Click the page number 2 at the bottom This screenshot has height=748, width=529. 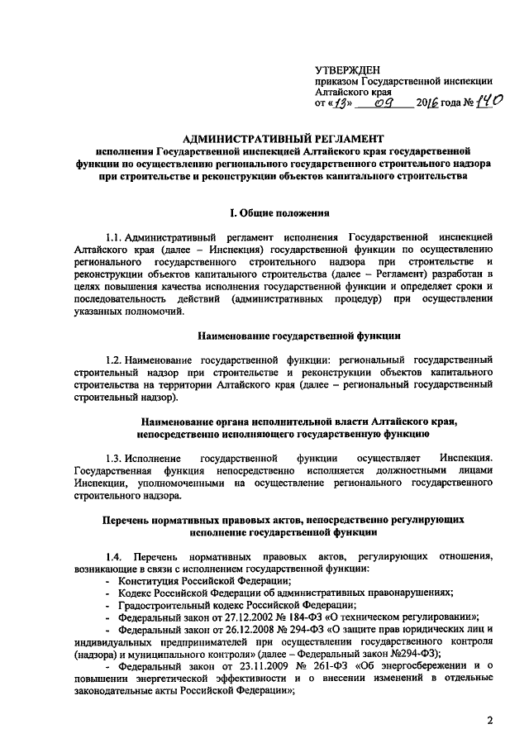[x=489, y=721]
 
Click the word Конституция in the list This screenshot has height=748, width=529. [x=150, y=581]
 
